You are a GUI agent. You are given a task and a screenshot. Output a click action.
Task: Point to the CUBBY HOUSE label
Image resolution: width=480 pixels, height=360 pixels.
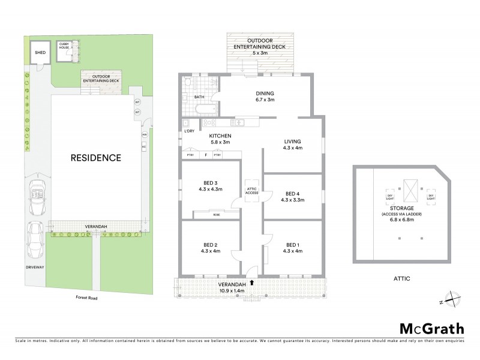(x=64, y=46)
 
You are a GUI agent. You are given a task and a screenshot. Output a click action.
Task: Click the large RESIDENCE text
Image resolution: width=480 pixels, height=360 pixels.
(x=96, y=158)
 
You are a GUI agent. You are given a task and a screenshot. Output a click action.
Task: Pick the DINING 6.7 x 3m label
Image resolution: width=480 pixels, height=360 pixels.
(x=265, y=97)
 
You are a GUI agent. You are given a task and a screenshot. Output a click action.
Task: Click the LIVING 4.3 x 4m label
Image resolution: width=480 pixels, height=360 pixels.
(x=293, y=145)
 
